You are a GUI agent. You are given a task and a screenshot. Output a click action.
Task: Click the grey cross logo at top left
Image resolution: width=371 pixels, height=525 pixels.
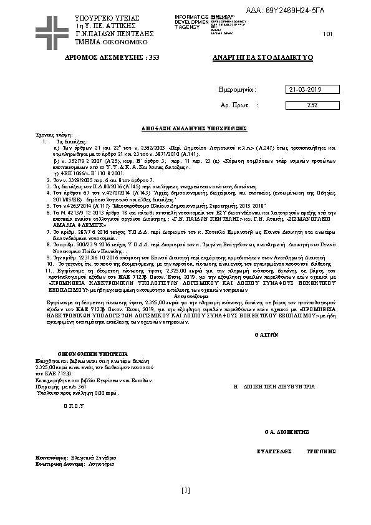(x=52, y=29)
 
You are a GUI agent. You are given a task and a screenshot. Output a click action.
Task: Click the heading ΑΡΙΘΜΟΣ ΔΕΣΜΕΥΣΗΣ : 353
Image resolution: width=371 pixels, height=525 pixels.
(x=113, y=57)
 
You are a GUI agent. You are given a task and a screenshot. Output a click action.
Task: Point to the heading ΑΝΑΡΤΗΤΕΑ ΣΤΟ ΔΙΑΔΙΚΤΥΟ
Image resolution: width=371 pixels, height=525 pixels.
(x=263, y=57)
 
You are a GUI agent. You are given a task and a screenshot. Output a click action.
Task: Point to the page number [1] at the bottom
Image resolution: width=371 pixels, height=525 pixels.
(x=185, y=490)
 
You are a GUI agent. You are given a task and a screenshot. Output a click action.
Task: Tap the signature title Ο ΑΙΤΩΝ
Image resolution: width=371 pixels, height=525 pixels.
(x=267, y=334)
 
